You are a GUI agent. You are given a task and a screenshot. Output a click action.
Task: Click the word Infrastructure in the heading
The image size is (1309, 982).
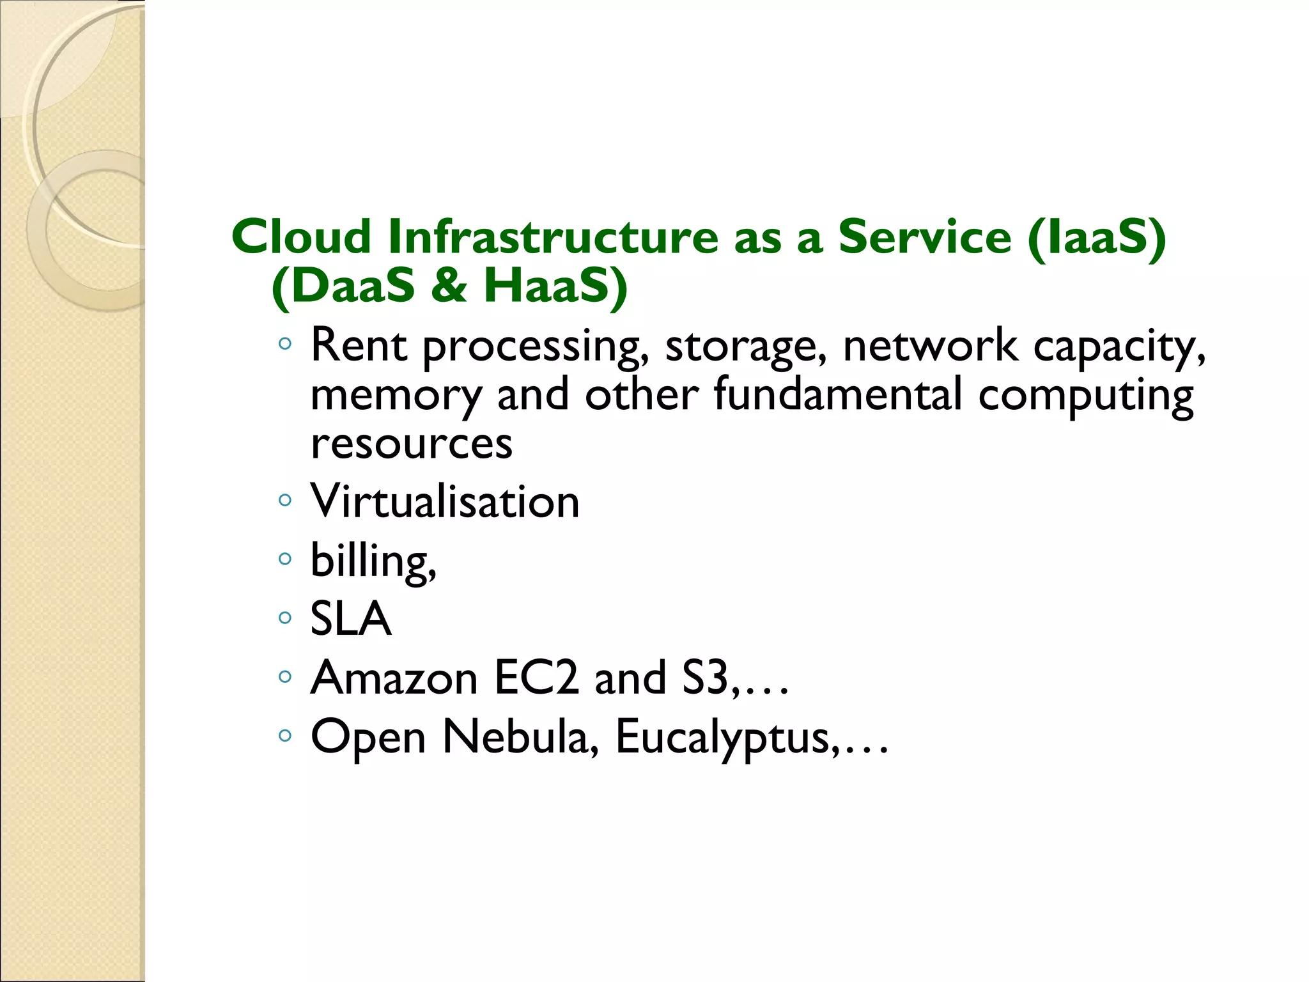coord(553,237)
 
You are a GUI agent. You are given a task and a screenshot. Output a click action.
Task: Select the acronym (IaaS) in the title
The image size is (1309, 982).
coord(1097,238)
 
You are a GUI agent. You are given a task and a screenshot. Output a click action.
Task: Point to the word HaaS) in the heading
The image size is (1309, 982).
coord(555,286)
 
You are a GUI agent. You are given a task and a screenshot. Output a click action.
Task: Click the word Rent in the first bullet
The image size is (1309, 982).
coord(359,345)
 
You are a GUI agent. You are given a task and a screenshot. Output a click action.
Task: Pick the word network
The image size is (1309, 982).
coord(929,345)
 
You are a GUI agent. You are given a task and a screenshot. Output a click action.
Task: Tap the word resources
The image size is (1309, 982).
coord(412,444)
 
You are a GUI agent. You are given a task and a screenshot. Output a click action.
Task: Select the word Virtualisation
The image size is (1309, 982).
coord(445,501)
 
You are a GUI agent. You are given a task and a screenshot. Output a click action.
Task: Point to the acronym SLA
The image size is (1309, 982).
coord(350,619)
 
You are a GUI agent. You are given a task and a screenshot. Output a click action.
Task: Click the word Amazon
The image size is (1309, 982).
coord(394,678)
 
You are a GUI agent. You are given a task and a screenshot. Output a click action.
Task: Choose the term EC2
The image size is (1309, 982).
coord(536,678)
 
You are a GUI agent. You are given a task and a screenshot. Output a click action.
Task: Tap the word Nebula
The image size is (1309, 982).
coord(520,736)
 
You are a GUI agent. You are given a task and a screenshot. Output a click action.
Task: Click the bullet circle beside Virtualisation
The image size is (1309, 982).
coord(285,500)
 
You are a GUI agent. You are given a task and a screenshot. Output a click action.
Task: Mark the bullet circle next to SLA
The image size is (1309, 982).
coord(285,618)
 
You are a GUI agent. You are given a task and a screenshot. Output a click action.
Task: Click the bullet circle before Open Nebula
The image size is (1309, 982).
coord(285,735)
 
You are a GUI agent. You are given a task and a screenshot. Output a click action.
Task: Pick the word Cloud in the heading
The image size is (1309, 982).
coord(301,237)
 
